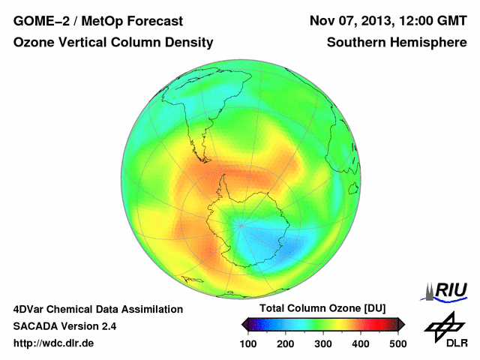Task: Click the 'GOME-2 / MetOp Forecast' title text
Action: tap(98, 20)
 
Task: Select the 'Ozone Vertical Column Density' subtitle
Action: tap(113, 43)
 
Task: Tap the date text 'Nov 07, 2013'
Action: tap(349, 20)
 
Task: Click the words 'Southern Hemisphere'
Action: tap(397, 43)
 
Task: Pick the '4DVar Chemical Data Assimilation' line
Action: tap(98, 309)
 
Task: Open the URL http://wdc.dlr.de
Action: tap(54, 343)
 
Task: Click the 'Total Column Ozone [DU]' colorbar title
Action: tap(322, 309)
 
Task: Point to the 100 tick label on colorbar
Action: tap(248, 343)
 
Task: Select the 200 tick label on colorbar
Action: tap(286, 343)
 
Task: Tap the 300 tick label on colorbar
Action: tap(323, 343)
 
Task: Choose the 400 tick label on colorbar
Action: tap(361, 343)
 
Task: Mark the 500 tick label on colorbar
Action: tap(397, 343)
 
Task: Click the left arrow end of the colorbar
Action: tap(245, 324)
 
